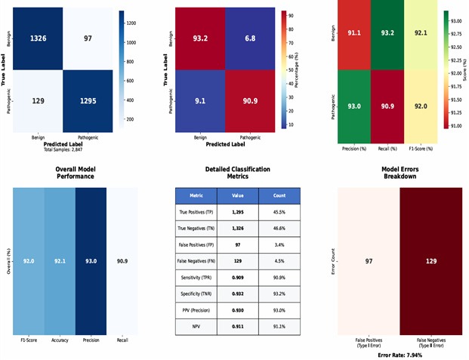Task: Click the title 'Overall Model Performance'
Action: click(74, 173)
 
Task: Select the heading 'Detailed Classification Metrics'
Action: click(237, 173)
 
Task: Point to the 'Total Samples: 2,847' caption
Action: click(64, 149)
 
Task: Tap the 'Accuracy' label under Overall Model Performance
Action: click(60, 341)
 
